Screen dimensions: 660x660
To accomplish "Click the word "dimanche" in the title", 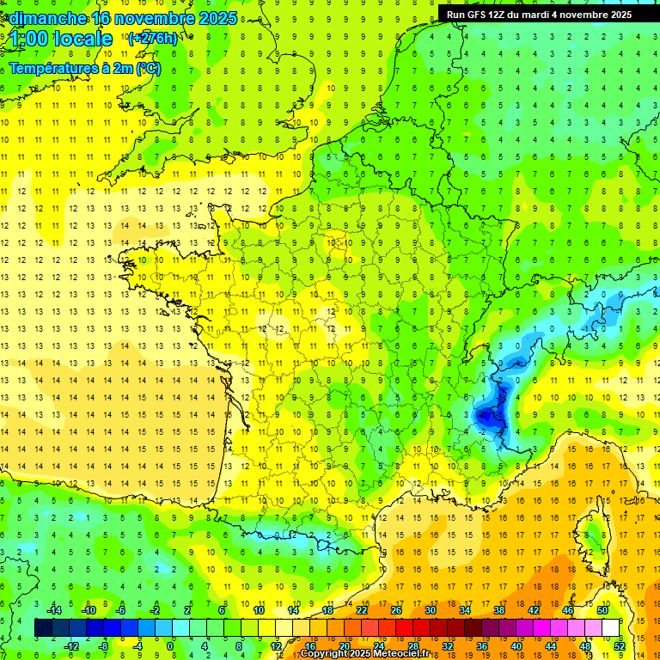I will pyautogui.click(x=44, y=18).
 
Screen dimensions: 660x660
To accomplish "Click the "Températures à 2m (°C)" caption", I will pyautogui.click(x=84, y=68).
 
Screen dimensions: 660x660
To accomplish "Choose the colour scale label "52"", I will pyautogui.click(x=619, y=645).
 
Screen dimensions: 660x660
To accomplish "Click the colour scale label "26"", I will pyautogui.click(x=396, y=610).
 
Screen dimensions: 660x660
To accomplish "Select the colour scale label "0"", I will pyautogui.click(x=170, y=645).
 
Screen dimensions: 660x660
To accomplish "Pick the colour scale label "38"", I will pyautogui.click(x=499, y=610).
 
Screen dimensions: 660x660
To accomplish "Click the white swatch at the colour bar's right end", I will pyautogui.click(x=610, y=628).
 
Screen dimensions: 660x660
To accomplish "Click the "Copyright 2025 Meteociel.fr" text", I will pyautogui.click(x=364, y=654).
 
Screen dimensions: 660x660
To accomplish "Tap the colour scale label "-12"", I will pyautogui.click(x=71, y=645).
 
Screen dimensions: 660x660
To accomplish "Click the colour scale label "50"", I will pyautogui.click(x=602, y=610).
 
